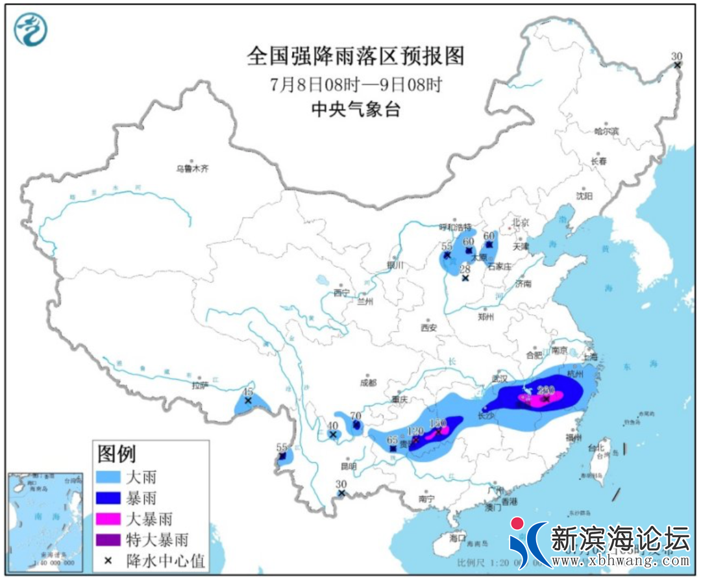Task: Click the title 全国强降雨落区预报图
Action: pos(356,56)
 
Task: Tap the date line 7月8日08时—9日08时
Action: pos(356,85)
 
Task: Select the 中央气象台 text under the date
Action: pos(356,109)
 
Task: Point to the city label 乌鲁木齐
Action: pos(193,169)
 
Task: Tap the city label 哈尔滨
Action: pos(607,131)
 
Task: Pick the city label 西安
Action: pos(429,328)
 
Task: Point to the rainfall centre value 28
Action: pos(465,269)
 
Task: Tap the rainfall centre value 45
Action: pos(247,392)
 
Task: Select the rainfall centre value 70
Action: pos(355,416)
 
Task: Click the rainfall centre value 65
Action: pos(392,440)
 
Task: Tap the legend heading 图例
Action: pos(117,452)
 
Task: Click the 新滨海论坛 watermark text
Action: pos(620,538)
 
